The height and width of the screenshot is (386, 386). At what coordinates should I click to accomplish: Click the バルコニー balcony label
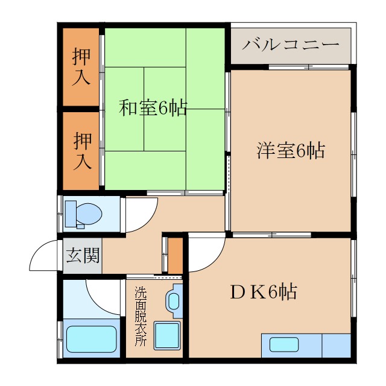click(291, 45)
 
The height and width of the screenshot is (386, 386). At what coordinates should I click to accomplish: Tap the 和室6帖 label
click(153, 108)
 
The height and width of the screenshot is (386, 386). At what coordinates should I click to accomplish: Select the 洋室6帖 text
click(291, 150)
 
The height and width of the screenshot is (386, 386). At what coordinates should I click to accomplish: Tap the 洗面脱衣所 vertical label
click(140, 315)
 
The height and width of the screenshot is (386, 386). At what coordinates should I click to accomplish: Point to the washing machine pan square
click(166, 334)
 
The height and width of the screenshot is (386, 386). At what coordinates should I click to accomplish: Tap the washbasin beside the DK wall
click(174, 299)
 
